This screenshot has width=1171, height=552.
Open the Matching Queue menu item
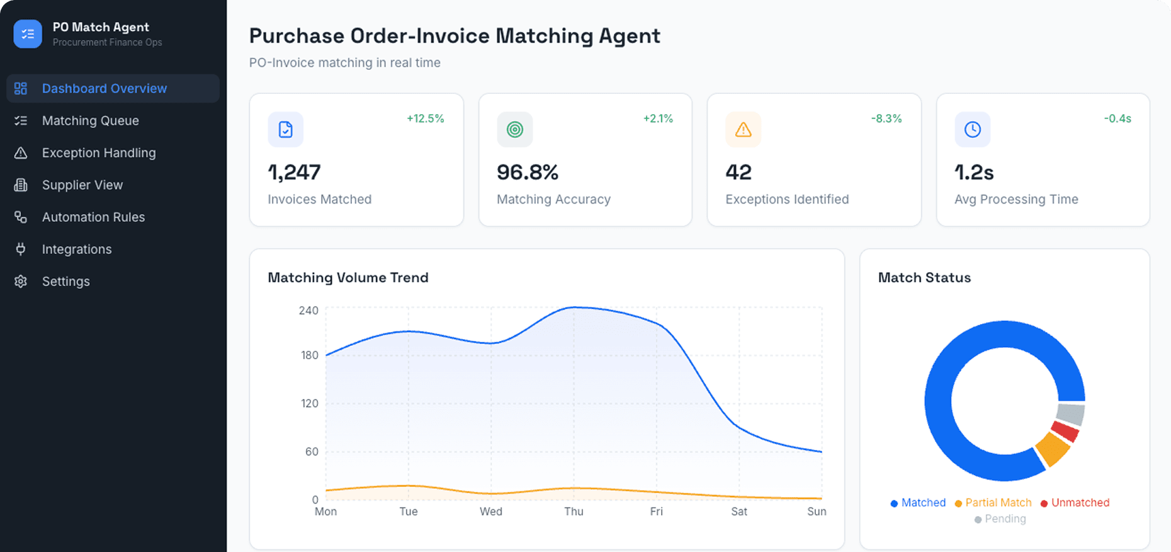point(90,120)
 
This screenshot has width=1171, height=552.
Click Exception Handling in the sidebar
point(98,152)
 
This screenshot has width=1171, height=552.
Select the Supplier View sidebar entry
point(82,185)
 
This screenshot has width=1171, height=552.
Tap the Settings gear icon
point(21,281)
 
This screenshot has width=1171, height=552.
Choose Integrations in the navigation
point(76,249)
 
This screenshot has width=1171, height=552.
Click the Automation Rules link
point(93,217)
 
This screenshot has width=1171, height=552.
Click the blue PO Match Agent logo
point(28,34)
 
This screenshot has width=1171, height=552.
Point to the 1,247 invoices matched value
point(294,172)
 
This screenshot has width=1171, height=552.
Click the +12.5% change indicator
point(425,118)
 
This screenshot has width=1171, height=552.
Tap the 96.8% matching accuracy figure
point(527,172)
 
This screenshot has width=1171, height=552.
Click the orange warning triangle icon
point(743,130)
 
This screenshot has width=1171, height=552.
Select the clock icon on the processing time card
point(972,130)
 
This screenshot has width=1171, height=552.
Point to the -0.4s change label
point(1117,118)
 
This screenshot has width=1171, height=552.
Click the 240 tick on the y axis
point(308,310)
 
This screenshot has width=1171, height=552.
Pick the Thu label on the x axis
point(574,511)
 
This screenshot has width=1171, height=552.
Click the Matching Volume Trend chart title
point(348,277)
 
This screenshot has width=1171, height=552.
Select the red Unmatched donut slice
point(1065,432)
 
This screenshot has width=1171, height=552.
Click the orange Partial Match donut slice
point(1052,449)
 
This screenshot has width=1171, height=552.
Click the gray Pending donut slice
point(1070,414)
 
